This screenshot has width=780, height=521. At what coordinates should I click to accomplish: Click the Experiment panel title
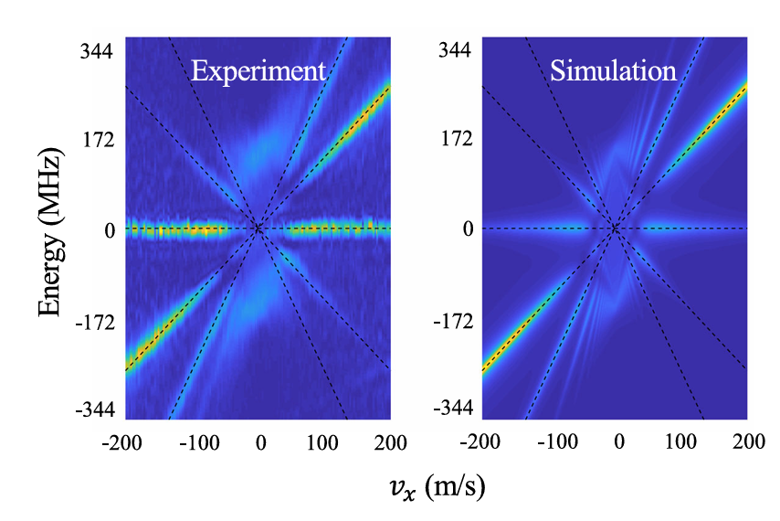pyautogui.click(x=258, y=72)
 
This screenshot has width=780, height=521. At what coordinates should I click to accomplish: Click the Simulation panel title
pyautogui.click(x=613, y=72)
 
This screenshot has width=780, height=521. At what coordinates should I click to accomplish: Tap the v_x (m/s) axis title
pyautogui.click(x=434, y=487)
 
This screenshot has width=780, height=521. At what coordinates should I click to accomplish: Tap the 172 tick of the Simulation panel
pyautogui.click(x=453, y=142)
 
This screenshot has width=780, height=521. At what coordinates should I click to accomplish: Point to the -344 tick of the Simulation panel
pyautogui.click(x=450, y=407)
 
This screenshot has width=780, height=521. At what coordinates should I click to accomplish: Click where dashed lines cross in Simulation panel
pyautogui.click(x=615, y=229)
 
